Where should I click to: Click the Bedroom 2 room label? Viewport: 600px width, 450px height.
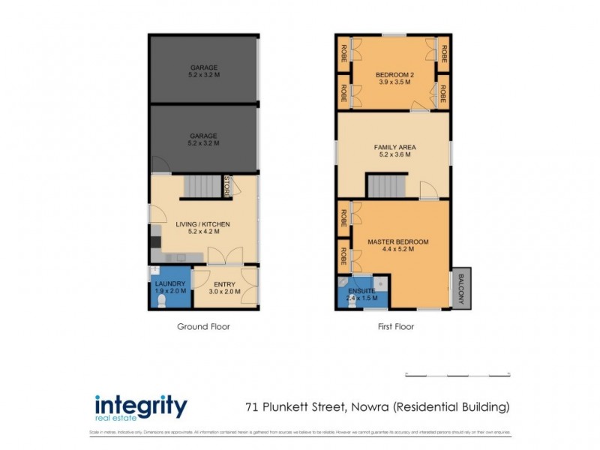(394, 75)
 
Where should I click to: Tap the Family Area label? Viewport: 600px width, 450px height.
(394, 147)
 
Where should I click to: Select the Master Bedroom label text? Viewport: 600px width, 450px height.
(397, 241)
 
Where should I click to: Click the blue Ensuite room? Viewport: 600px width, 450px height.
(360, 292)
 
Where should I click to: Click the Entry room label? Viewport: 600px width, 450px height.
(225, 283)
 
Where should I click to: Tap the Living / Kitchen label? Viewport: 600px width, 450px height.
(202, 224)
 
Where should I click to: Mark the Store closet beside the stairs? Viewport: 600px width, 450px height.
(227, 186)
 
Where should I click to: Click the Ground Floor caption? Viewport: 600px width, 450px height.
(203, 326)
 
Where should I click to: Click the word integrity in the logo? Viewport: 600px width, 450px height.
(141, 406)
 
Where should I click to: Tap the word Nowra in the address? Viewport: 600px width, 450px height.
(367, 407)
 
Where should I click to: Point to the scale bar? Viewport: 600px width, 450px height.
(457, 374)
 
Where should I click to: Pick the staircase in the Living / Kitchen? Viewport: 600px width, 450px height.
(199, 186)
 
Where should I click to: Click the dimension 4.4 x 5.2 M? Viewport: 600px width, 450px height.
(397, 250)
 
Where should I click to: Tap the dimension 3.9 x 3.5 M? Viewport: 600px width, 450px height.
(394, 83)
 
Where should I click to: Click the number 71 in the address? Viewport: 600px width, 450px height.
(253, 407)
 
